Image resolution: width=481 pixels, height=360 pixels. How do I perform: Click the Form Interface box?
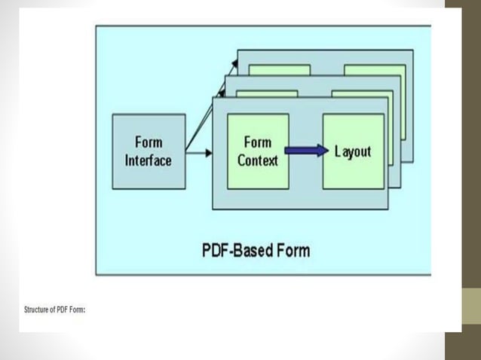pyautogui.click(x=148, y=151)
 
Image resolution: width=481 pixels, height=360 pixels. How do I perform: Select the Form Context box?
pyautogui.click(x=258, y=151)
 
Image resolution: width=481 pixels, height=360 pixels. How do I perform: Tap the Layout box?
pyautogui.click(x=353, y=151)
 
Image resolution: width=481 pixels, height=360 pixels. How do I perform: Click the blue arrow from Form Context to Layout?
pyautogui.click(x=305, y=152)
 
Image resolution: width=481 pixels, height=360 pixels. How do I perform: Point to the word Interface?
pyautogui.click(x=148, y=160)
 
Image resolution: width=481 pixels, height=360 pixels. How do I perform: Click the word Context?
pyautogui.click(x=258, y=160)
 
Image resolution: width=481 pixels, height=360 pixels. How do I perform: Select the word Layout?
pyautogui.click(x=353, y=151)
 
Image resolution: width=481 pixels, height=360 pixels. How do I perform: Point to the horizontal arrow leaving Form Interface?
pyautogui.click(x=198, y=153)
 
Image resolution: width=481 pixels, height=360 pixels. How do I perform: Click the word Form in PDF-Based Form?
pyautogui.click(x=291, y=250)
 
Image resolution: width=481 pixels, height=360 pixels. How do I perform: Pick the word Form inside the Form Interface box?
pyautogui.click(x=149, y=142)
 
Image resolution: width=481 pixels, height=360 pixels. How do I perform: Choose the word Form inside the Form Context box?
pyautogui.click(x=258, y=142)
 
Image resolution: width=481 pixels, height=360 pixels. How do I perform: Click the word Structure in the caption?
pyautogui.click(x=35, y=310)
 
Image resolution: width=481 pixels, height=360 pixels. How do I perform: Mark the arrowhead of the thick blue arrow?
pyautogui.click(x=324, y=152)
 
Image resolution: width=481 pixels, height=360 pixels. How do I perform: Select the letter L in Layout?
pyautogui.click(x=339, y=151)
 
